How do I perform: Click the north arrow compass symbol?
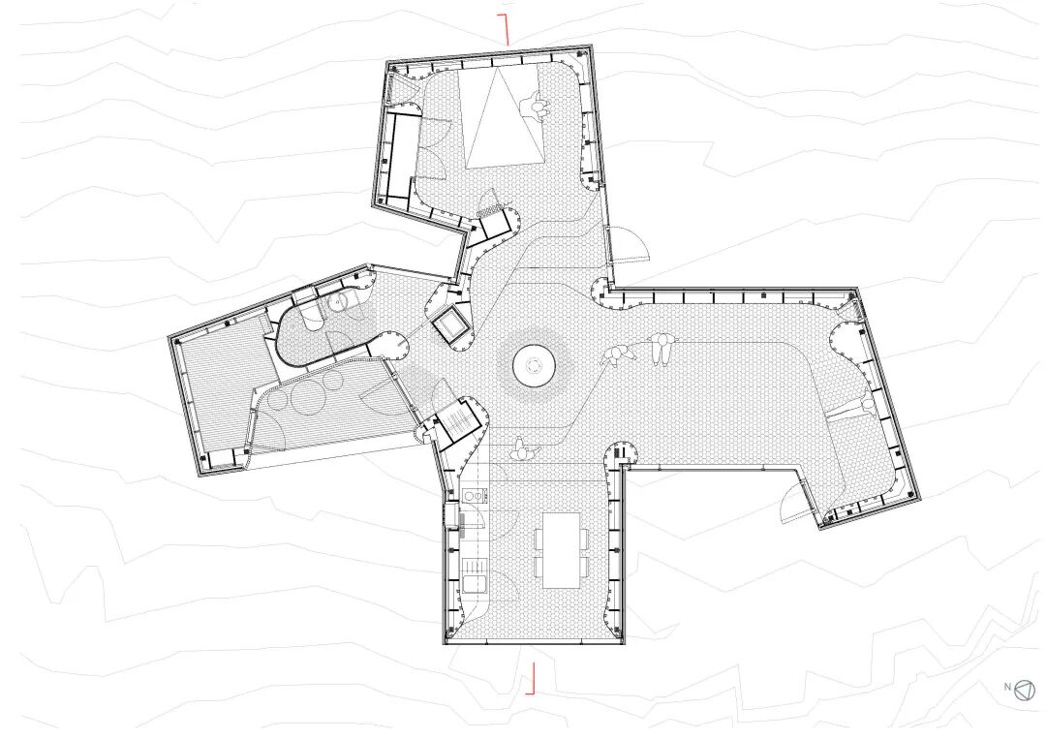pos(1025,691)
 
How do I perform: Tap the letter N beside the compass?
pos(1008,686)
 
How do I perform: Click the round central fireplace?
pos(535,366)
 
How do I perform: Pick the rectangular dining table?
pos(561,550)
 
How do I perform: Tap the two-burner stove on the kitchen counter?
pos(474,497)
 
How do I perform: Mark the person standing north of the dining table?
pos(520,450)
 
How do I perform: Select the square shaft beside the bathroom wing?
pos(451,324)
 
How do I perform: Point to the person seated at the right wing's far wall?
pos(867,407)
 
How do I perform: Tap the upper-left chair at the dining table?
pos(537,537)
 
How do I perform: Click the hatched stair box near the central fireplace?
pos(457,420)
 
